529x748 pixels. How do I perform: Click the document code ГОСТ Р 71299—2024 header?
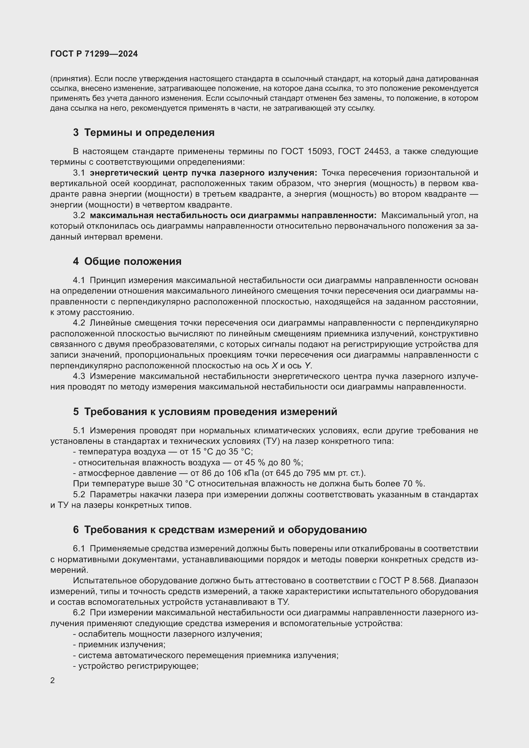[94, 54]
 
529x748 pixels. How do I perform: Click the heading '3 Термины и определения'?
[144, 133]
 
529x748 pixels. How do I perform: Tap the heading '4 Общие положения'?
[127, 261]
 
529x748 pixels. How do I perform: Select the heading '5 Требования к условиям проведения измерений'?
[205, 412]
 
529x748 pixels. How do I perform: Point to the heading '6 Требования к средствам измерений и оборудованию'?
[220, 529]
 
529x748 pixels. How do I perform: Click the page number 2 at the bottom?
[53, 681]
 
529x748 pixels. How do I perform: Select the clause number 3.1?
[79, 173]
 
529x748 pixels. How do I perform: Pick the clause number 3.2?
[79, 215]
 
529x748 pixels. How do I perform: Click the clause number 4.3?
[79, 376]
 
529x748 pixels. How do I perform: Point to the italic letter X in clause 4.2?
[275, 366]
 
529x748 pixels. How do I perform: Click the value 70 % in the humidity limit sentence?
[416, 484]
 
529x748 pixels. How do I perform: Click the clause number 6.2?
[79, 612]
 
